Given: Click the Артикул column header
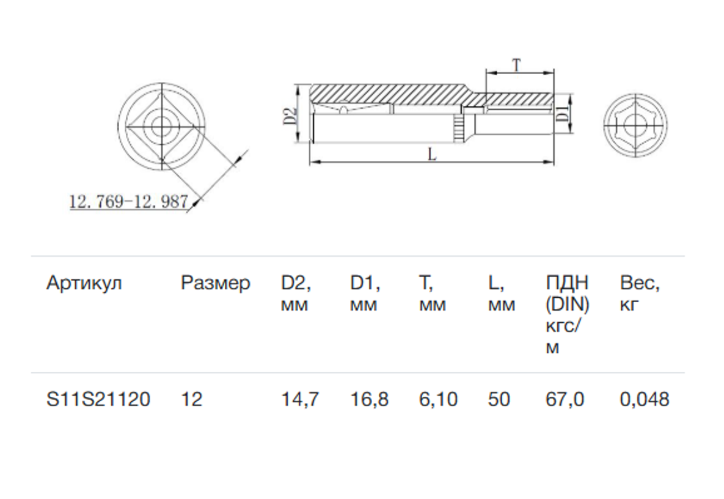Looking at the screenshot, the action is [x=84, y=283].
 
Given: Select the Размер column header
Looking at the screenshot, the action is [x=215, y=283].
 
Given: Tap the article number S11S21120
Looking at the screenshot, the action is [x=98, y=399].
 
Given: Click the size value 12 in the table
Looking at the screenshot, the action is [x=192, y=399].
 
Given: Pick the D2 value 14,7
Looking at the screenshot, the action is [x=299, y=399].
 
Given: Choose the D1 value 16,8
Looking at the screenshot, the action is [x=370, y=399].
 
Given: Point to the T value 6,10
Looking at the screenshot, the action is [x=438, y=399].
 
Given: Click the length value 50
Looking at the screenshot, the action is [x=499, y=399].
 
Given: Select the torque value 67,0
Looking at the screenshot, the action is [x=565, y=399].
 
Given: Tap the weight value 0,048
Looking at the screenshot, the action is [x=644, y=399].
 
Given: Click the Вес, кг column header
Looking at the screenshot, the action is [x=640, y=294].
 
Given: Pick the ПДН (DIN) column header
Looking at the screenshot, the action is [x=568, y=314].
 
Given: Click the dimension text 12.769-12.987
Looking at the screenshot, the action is [x=129, y=201].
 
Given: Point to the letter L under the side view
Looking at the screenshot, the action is [x=432, y=154].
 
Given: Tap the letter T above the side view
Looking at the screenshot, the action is [x=517, y=65].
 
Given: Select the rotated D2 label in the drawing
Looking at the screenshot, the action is [x=290, y=116].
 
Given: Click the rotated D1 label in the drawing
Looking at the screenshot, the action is [x=562, y=113].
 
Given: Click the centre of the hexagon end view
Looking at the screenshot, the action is [x=635, y=125].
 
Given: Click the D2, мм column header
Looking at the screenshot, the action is [x=296, y=294].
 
